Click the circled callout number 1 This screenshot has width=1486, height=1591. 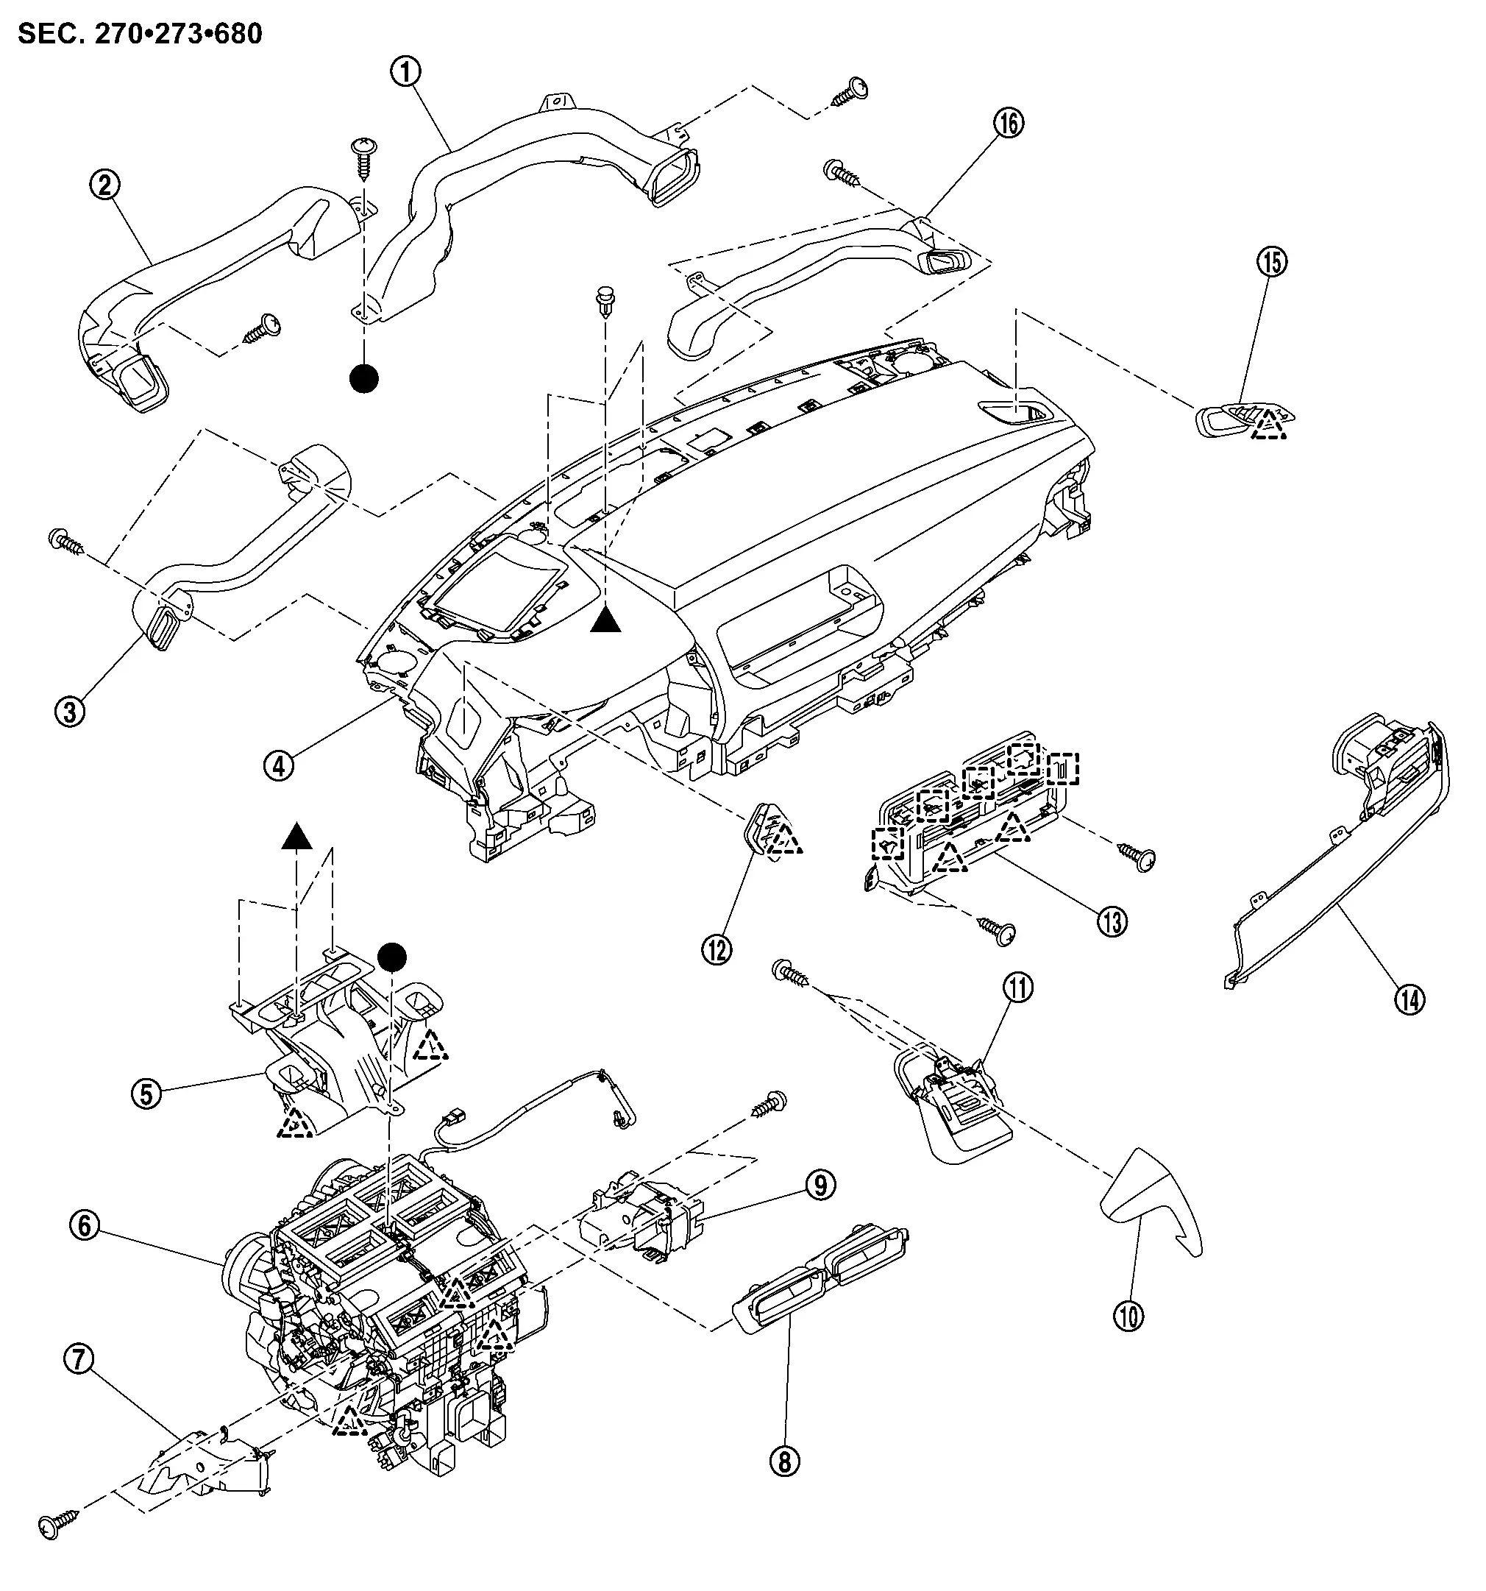(406, 72)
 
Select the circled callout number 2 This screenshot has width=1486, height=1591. (104, 185)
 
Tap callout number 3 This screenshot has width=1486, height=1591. (71, 710)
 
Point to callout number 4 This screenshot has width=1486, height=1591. (279, 766)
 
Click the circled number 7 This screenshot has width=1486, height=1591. (79, 1358)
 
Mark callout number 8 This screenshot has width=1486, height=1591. (784, 1462)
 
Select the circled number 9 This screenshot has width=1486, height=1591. (820, 1186)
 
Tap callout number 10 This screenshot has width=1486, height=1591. (1128, 1317)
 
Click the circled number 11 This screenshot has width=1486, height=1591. (1018, 988)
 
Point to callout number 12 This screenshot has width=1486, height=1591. (717, 950)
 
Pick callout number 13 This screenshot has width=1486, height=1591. (1113, 922)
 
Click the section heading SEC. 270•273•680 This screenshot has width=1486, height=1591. (140, 34)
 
